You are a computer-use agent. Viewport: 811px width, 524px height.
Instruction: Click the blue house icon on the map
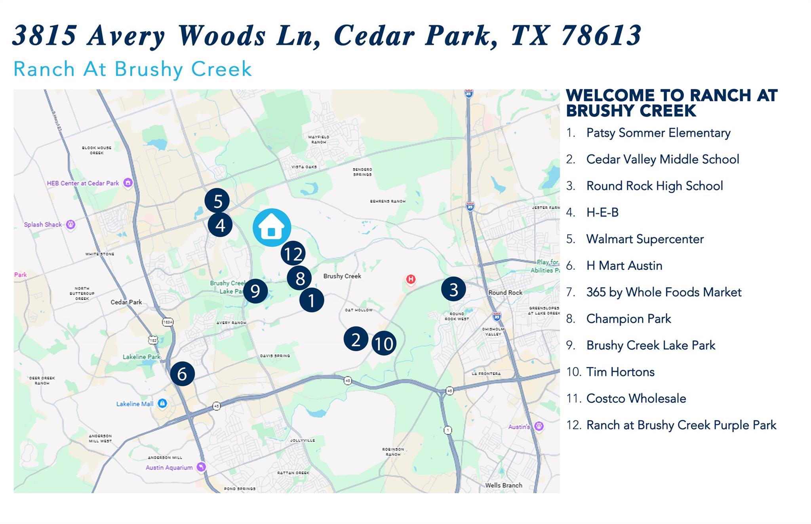point(272,227)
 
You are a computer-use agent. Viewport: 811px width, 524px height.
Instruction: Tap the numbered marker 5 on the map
point(217,201)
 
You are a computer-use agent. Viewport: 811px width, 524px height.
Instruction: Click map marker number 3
point(453,289)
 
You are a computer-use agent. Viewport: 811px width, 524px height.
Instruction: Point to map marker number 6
point(182,374)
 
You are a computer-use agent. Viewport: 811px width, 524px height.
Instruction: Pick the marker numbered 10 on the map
point(384,344)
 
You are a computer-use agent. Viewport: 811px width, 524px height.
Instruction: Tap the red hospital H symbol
point(411,280)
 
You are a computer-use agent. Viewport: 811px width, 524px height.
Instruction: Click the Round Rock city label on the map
point(505,293)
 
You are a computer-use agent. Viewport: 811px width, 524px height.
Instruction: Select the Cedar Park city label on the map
point(126,302)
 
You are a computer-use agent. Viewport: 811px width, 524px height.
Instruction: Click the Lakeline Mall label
point(135,404)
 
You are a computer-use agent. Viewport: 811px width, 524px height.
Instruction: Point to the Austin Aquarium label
point(169,467)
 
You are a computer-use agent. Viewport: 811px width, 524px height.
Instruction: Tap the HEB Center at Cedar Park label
point(83,183)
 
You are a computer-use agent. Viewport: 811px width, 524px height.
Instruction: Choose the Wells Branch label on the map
point(504,485)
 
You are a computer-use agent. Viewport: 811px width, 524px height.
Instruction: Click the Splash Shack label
point(43,225)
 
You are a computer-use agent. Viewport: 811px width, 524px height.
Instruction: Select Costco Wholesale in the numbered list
point(636,398)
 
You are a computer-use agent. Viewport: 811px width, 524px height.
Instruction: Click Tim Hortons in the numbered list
point(620,372)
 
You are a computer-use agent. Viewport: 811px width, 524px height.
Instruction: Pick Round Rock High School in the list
point(655,186)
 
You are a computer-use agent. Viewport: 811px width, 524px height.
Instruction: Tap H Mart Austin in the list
point(624,265)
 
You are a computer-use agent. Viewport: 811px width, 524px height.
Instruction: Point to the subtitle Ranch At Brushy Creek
point(133,69)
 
